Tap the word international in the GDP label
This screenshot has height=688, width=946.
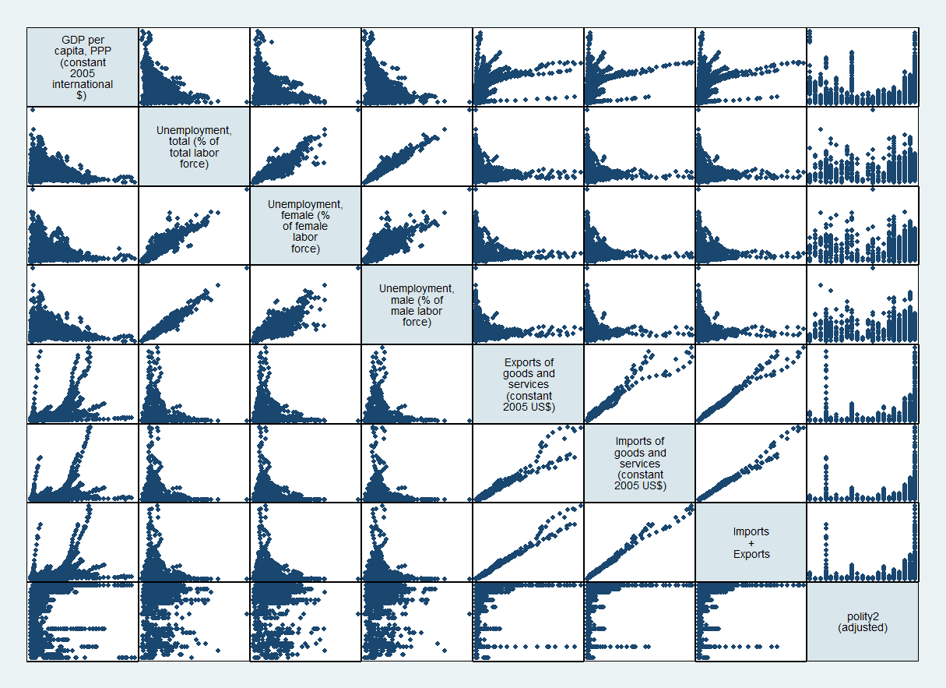(83, 84)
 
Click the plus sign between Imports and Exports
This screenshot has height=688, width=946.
(751, 543)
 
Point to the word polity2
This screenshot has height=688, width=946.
(862, 616)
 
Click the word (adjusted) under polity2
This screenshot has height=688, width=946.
(862, 626)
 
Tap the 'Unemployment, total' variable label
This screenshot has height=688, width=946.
(194, 146)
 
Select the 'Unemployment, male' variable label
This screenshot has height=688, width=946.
(417, 305)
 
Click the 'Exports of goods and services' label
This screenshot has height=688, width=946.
(528, 384)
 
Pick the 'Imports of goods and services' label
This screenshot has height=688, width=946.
(639, 464)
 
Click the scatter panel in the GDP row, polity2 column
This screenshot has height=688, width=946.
(862, 67)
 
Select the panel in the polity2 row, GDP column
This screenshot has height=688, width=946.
(83, 622)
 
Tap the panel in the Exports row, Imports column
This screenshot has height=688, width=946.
(639, 384)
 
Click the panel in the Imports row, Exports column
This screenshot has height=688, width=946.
(528, 464)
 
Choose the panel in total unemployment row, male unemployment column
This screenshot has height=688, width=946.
(417, 146)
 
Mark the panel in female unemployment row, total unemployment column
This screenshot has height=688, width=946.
(194, 226)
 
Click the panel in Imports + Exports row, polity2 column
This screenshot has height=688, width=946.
(862, 542)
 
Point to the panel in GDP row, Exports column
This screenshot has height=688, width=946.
(528, 67)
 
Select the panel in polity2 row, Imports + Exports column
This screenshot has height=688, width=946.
(751, 622)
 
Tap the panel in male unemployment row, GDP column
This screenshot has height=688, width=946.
(83, 305)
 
